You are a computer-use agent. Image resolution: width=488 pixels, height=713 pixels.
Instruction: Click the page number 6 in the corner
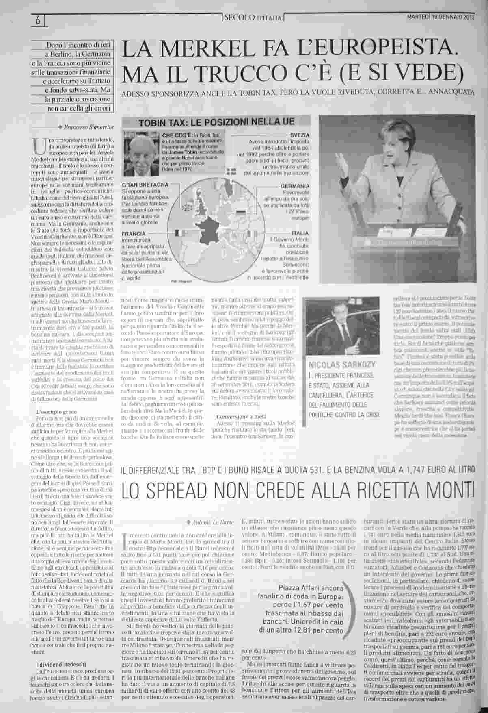pos(37,20)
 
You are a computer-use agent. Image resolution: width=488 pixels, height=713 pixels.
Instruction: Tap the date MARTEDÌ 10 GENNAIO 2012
pos(440,17)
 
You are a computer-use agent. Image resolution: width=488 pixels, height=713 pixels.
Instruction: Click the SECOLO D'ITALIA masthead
pos(253,18)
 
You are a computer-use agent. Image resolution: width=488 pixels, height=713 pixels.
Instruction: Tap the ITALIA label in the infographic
pos(300,233)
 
